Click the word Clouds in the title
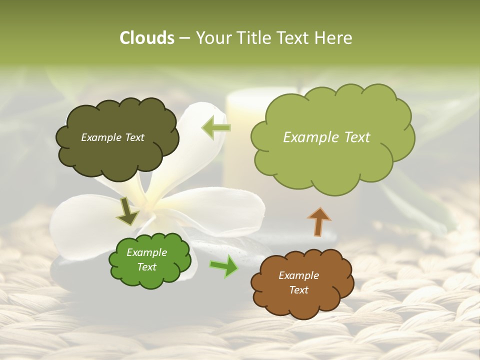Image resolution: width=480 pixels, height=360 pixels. [147, 38]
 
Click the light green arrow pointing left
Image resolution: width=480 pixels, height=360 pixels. [216, 127]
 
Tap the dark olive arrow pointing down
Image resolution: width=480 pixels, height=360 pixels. [128, 211]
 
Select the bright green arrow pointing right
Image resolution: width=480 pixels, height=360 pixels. [224, 265]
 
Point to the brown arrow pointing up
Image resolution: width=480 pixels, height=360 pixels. [319, 221]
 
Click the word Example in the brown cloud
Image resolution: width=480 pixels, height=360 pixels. [298, 275]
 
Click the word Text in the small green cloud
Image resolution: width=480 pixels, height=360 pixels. [146, 267]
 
